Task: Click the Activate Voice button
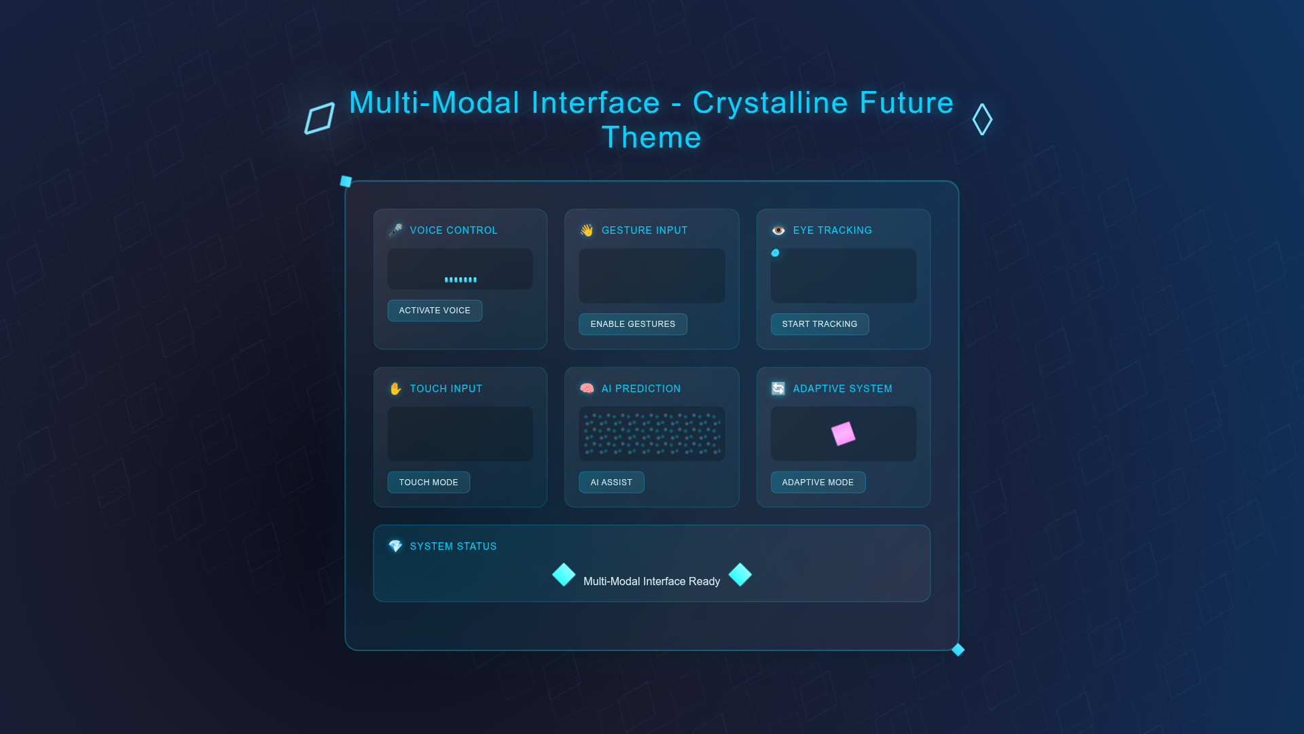435,311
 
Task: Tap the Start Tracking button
820,324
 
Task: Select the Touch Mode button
429,483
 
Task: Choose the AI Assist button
611,483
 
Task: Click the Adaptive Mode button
818,483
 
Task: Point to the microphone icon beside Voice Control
395,230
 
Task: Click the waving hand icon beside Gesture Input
587,230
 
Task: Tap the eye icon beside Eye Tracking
778,230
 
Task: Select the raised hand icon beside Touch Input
395,389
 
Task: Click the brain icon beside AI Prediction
587,389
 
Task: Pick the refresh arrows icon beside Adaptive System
778,389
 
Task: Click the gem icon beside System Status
395,546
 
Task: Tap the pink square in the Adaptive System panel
844,434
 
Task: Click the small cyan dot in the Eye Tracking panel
775,253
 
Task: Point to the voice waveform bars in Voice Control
460,279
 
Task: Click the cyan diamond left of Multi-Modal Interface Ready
564,575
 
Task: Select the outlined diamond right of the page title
982,120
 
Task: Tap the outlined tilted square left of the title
320,119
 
